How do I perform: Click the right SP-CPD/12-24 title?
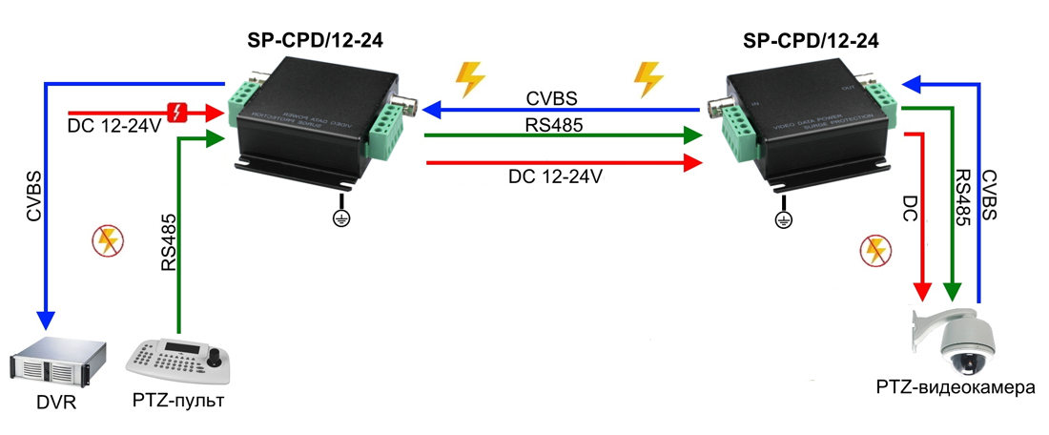(811, 39)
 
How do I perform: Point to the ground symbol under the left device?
(340, 219)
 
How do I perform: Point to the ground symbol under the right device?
(783, 220)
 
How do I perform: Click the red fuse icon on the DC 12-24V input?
(177, 113)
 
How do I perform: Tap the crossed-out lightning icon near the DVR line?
(107, 242)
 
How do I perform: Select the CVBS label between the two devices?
(551, 99)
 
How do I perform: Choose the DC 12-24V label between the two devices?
(555, 176)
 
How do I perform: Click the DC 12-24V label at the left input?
(114, 127)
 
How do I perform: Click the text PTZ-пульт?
(178, 401)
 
